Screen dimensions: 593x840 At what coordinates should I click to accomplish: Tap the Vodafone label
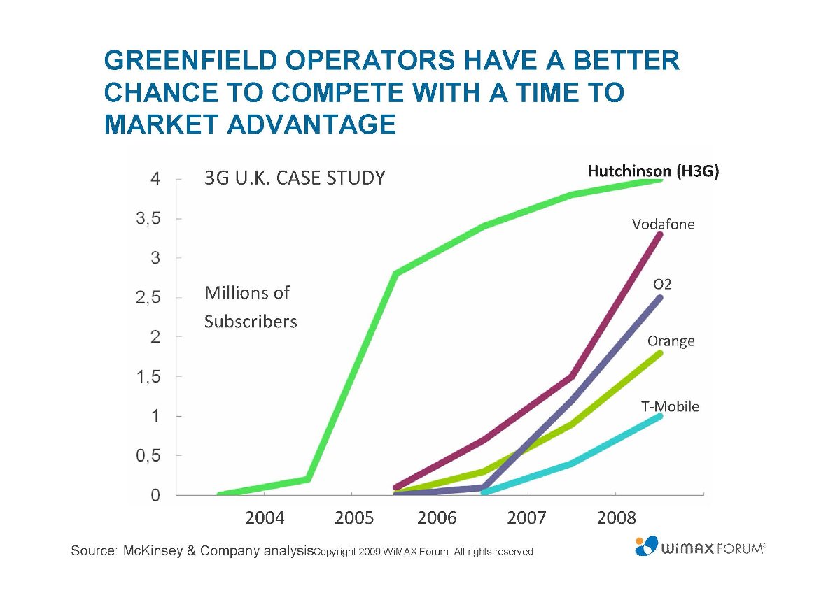coord(663,224)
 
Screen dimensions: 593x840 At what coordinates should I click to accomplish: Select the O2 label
coord(662,285)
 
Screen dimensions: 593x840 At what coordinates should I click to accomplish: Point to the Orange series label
coord(671,341)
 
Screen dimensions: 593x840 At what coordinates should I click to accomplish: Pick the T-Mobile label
coord(670,406)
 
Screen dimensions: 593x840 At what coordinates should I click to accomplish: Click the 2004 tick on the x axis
coord(264,518)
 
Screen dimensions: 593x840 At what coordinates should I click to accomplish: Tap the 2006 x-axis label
coord(437,518)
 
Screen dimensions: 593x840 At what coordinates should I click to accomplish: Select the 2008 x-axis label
coord(616,518)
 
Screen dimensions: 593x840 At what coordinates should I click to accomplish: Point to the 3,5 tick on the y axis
coord(147,219)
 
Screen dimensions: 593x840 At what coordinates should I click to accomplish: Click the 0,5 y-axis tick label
coord(147,456)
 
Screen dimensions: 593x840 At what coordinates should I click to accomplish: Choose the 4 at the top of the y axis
coord(155,179)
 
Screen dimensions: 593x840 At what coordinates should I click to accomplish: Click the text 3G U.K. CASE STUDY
coord(294,178)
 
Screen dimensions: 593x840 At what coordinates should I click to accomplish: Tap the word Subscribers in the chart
coord(251,322)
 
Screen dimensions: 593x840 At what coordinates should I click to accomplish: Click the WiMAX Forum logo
coord(700,546)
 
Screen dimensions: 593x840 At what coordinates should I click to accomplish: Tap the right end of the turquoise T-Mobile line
coord(659,416)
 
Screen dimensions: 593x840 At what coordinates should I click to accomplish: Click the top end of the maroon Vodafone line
coord(659,234)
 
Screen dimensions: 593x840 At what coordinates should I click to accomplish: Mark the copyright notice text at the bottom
coord(423,552)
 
